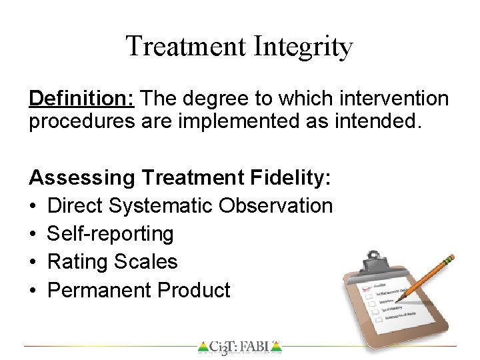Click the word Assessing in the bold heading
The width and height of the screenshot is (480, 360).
82,179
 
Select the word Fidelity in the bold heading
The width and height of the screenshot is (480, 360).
293,179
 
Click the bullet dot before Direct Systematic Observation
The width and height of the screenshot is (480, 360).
35,206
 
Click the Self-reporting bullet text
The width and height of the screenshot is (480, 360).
111,234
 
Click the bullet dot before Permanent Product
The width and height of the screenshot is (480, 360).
35,290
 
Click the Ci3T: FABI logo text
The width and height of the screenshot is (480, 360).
239,347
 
